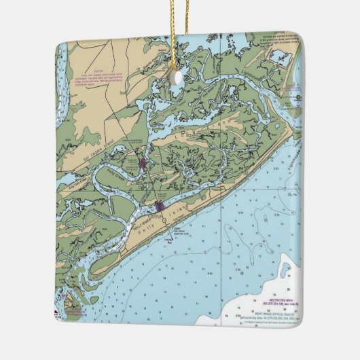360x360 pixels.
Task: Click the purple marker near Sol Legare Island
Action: [x=142, y=164]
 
